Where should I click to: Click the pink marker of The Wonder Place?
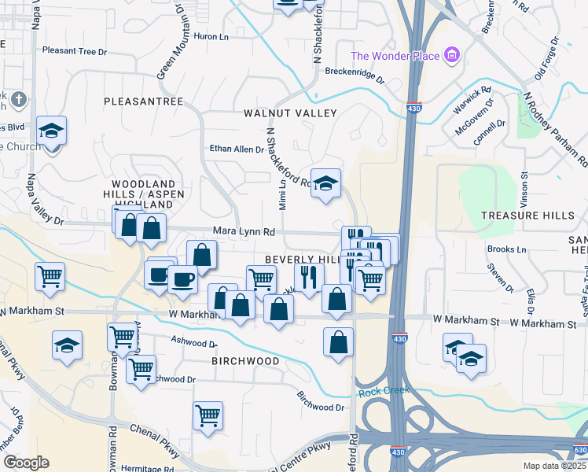(x=451, y=55)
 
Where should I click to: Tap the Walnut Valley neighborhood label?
(x=290, y=113)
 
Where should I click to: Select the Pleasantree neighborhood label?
(x=144, y=102)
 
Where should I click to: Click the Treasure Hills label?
(x=522, y=216)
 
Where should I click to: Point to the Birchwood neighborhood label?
(x=245, y=361)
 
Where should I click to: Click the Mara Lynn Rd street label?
(x=244, y=232)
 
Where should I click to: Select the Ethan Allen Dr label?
(x=236, y=149)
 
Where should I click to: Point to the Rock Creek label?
(x=379, y=391)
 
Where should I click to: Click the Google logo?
(x=26, y=463)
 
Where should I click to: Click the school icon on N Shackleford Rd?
(x=325, y=183)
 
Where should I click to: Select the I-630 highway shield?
(x=580, y=450)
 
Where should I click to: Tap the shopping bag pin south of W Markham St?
(x=338, y=342)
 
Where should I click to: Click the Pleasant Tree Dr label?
(x=74, y=52)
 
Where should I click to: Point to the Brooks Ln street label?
(x=506, y=249)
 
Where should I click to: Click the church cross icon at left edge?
(x=19, y=100)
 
